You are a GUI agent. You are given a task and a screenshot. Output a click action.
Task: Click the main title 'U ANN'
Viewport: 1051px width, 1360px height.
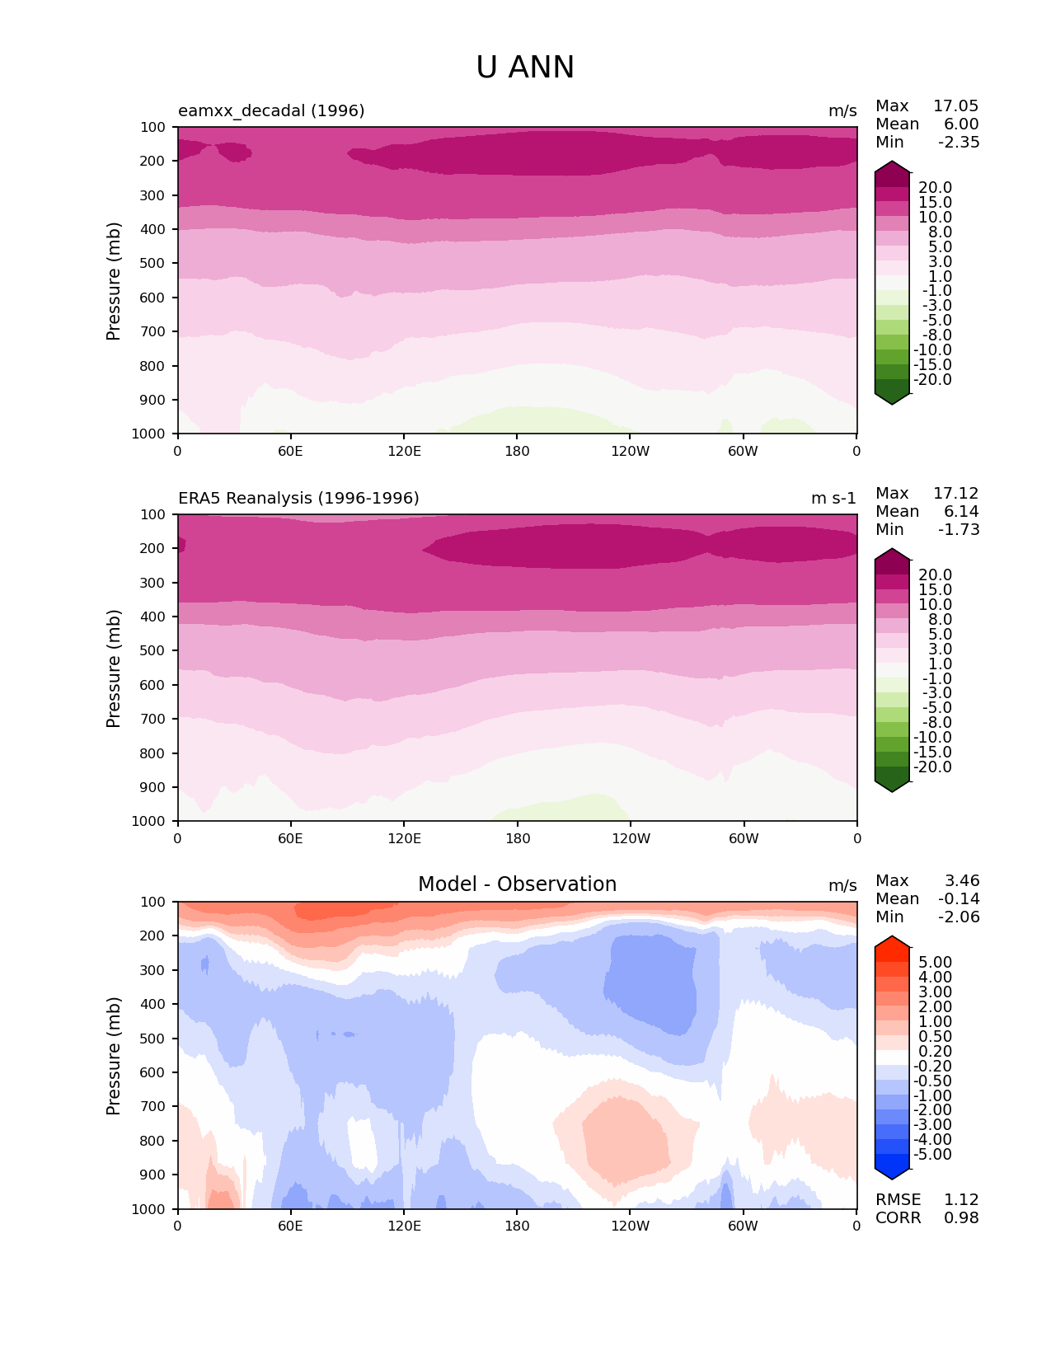coord(525,68)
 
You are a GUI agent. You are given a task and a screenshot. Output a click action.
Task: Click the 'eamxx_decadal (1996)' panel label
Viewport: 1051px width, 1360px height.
coord(271,110)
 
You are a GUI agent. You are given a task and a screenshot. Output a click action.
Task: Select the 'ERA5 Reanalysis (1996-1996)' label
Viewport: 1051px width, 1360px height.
coord(298,498)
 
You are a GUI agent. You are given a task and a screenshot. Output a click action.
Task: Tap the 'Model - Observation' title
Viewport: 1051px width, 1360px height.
coord(517,884)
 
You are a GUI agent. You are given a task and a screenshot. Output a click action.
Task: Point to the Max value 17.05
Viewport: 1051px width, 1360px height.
coord(955,106)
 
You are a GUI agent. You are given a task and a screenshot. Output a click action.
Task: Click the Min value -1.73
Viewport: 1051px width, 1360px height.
coord(959,529)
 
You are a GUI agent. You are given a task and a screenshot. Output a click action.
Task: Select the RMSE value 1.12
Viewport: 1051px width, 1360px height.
coord(961,1199)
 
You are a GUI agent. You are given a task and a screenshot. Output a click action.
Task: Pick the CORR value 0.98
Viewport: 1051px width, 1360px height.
coord(961,1217)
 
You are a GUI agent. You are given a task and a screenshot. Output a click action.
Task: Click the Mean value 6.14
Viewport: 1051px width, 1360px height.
coord(961,511)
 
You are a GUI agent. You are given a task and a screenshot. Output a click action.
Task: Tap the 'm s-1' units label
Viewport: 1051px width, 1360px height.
coord(833,498)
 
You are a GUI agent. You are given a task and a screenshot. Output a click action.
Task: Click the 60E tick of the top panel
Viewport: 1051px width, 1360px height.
coord(290,451)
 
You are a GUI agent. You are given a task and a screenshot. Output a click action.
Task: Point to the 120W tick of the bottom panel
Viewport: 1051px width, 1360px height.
coord(631,1226)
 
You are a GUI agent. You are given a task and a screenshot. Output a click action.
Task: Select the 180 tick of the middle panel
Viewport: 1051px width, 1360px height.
coord(518,838)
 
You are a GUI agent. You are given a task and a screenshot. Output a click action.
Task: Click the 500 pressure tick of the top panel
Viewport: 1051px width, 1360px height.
coord(154,263)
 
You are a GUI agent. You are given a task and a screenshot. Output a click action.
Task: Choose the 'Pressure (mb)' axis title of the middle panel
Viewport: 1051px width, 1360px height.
coord(114,668)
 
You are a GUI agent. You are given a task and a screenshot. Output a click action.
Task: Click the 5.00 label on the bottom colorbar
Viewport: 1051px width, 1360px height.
coord(935,963)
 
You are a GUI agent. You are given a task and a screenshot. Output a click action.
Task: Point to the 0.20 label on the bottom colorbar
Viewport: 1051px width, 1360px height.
coord(935,1051)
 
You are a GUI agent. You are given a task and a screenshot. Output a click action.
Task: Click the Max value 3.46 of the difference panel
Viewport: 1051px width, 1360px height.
coord(961,880)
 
